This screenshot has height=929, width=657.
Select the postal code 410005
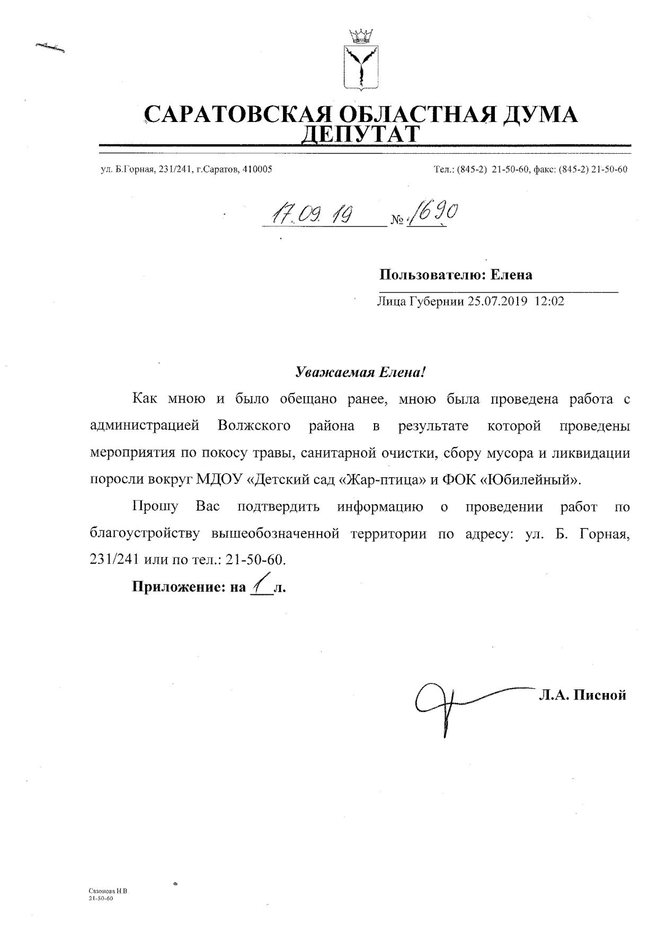[257, 169]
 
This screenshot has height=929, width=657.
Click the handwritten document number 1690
[432, 213]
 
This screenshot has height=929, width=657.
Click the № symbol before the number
[397, 220]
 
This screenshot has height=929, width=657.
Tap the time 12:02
[549, 301]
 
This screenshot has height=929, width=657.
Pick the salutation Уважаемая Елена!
[360, 372]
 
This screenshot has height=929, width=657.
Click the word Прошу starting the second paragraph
[155, 506]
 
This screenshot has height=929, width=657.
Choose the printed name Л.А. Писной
[582, 695]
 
